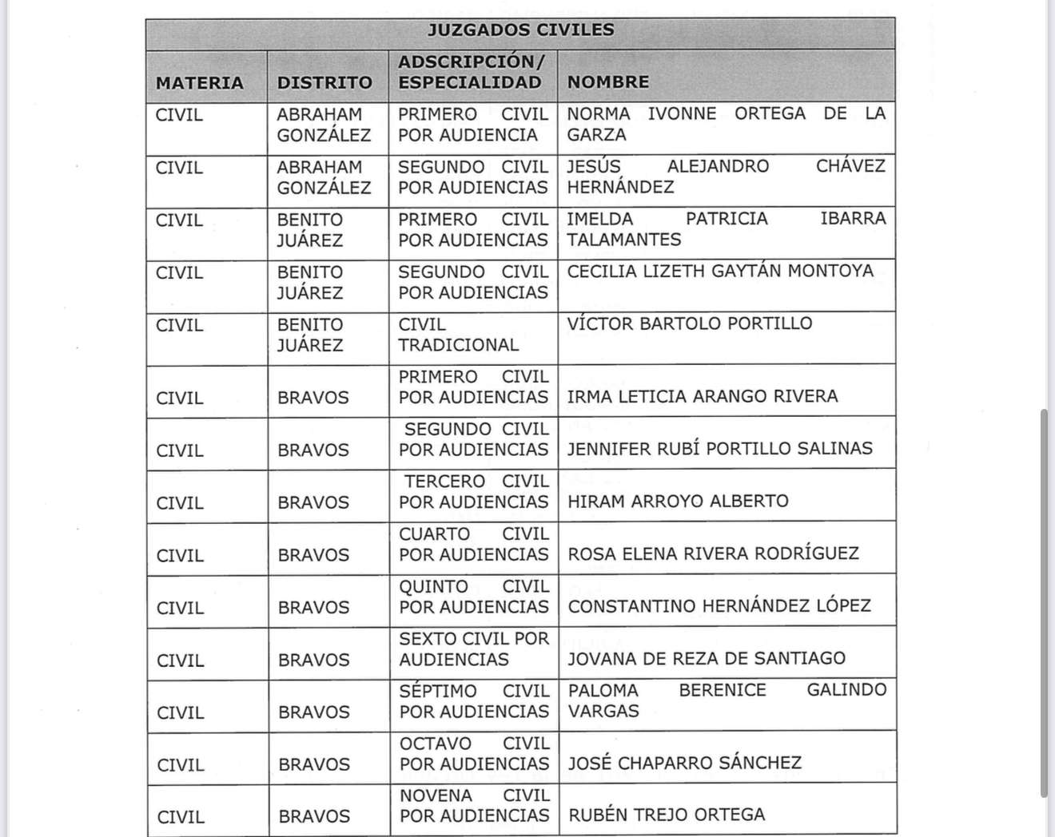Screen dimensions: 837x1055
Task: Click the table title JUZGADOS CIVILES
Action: [x=520, y=30]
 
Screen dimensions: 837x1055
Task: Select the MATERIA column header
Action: [x=200, y=83]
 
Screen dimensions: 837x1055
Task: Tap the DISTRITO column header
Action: [x=324, y=83]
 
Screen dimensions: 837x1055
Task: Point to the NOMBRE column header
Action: [x=608, y=82]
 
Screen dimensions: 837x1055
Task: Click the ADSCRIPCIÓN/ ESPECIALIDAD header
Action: [x=472, y=72]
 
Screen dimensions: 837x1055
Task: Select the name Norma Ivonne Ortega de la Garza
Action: [x=726, y=125]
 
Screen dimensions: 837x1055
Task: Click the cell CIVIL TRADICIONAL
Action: [x=459, y=335]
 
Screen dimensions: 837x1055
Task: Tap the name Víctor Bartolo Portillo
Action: [x=690, y=323]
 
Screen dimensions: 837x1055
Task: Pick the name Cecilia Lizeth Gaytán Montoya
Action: [x=720, y=272]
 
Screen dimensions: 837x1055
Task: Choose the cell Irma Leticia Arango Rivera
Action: [x=703, y=397]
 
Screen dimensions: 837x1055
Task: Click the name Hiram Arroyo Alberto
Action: [x=678, y=502]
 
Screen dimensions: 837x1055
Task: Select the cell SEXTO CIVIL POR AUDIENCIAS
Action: [x=474, y=649]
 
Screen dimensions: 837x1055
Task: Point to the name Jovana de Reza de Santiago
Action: [x=707, y=659]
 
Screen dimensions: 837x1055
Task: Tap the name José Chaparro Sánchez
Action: [x=685, y=764]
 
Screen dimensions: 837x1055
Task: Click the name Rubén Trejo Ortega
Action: [x=667, y=815]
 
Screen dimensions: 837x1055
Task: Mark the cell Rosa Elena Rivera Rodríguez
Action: [x=713, y=554]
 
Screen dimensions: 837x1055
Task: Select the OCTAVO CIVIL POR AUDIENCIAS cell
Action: [x=475, y=754]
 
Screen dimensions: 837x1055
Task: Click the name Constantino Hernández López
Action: [x=719, y=606]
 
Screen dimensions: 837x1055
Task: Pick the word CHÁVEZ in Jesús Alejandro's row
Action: [x=850, y=166]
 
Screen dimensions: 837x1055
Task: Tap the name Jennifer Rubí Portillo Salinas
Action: [x=720, y=449]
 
